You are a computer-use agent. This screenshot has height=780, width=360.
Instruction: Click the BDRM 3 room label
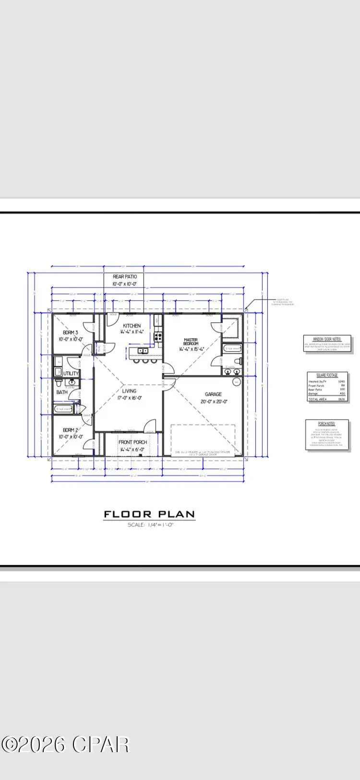coord(70,332)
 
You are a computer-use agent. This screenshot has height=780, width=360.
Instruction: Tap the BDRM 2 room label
coord(70,430)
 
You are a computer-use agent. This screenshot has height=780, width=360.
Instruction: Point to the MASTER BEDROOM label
coord(191,342)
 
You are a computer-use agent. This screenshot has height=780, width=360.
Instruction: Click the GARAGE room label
coord(214,394)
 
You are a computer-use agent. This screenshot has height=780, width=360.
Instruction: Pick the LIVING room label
coord(129,391)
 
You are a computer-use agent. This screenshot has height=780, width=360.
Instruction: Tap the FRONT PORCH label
coord(133,442)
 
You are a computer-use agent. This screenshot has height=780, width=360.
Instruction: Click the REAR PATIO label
coord(125,277)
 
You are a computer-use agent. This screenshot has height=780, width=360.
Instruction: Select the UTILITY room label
coord(71,373)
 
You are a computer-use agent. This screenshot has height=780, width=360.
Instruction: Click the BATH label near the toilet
coord(62,392)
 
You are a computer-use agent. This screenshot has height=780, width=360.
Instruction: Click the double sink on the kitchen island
coord(142,352)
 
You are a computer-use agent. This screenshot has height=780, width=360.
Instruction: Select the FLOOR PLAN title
coord(149,514)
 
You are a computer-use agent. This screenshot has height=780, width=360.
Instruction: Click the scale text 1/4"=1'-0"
coord(150,524)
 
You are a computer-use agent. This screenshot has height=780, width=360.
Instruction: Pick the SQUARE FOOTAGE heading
coord(327,375)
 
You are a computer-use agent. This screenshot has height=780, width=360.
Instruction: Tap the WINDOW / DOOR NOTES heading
coord(327,339)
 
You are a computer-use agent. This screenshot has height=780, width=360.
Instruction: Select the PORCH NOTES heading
coord(327,424)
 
